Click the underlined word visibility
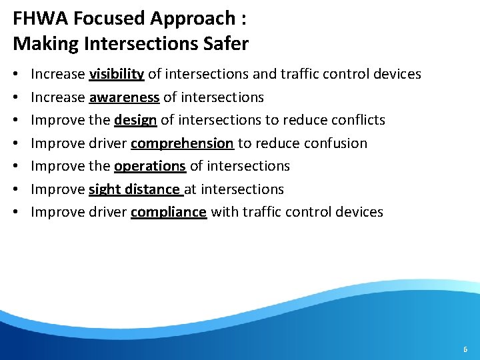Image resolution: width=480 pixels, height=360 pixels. (116, 74)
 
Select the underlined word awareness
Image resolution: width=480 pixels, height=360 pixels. (124, 97)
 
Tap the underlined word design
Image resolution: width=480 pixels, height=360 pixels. (135, 120)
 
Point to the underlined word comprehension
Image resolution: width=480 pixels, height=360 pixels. (182, 143)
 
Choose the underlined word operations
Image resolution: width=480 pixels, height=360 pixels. (150, 166)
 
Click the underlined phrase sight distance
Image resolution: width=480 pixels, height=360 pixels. (135, 189)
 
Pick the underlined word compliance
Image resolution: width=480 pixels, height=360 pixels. (169, 212)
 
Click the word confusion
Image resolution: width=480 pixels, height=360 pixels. (337, 143)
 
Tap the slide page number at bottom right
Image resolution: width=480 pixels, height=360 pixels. (465, 349)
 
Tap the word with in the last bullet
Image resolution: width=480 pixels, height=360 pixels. (223, 212)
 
